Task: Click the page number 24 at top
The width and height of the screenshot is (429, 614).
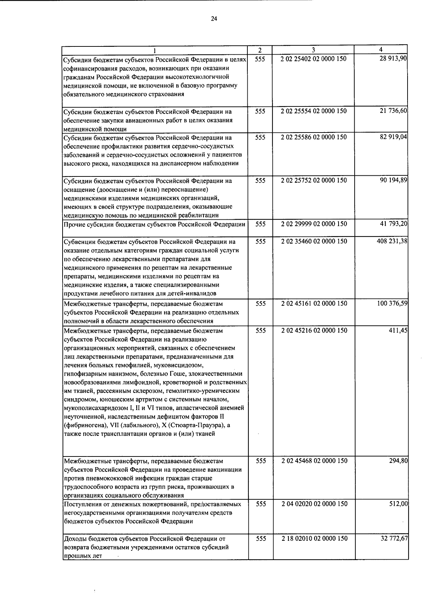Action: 214,19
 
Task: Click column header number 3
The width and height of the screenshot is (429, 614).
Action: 313,50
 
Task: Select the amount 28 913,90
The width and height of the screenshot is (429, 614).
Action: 393,59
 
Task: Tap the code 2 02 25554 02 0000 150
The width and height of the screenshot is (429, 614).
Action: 314,111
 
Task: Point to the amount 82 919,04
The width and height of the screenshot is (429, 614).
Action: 393,137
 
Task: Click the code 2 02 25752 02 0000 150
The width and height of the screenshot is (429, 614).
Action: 314,180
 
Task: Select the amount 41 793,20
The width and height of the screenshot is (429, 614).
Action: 393,224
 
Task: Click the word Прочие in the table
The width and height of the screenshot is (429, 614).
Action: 74,225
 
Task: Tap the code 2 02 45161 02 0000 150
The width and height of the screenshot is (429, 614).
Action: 314,303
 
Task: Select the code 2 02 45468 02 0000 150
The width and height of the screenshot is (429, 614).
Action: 314,461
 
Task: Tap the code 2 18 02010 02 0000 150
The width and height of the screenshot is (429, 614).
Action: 314,538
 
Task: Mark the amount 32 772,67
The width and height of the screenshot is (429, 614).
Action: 394,538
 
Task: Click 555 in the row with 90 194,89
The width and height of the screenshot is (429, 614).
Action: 260,180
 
